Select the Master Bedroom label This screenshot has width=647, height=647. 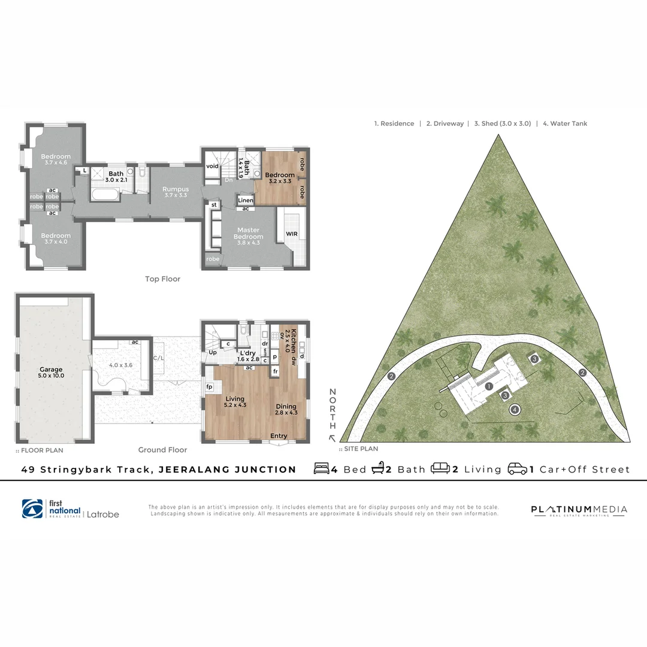(x=249, y=233)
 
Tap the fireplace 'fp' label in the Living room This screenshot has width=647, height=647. (x=210, y=387)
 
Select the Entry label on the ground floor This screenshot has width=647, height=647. (x=279, y=436)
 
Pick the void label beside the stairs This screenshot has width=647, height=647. (x=212, y=166)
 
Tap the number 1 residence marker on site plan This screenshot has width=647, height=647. (x=489, y=386)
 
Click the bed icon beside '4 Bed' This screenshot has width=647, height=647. (x=322, y=469)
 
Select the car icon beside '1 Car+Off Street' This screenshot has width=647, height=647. (x=517, y=469)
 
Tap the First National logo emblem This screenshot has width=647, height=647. (x=32, y=509)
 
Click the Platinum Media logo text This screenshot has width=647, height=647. (x=579, y=510)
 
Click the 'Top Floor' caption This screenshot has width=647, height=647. (x=162, y=279)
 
